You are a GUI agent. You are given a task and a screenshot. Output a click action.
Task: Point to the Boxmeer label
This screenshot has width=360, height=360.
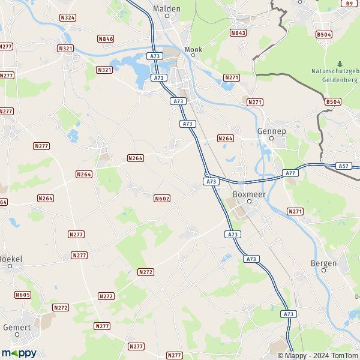tap(245, 194)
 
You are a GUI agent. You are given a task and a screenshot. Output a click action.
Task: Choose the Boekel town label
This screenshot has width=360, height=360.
tap(10, 259)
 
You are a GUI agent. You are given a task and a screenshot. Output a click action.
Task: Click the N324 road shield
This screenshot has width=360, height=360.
tap(68, 18)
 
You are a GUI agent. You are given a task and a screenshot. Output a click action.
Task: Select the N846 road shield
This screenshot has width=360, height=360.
tap(106, 39)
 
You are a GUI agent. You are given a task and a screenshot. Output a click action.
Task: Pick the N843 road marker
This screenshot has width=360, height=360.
tap(238, 33)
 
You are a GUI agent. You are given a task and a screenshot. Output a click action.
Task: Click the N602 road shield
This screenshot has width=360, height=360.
tap(161, 199)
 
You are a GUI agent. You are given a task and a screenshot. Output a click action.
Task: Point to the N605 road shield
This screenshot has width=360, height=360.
tap(23, 295)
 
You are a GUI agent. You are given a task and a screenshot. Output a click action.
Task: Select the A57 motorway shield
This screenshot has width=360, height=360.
tap(344, 166)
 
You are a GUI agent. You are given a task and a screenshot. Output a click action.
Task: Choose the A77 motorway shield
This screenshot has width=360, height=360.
tap(290, 173)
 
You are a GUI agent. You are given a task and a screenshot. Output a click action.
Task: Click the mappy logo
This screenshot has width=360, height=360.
tap(19, 353)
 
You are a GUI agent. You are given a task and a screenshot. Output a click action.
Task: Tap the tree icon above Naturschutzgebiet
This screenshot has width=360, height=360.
tap(340, 64)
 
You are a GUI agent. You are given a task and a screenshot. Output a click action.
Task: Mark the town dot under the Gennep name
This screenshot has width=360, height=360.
tap(271, 139)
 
